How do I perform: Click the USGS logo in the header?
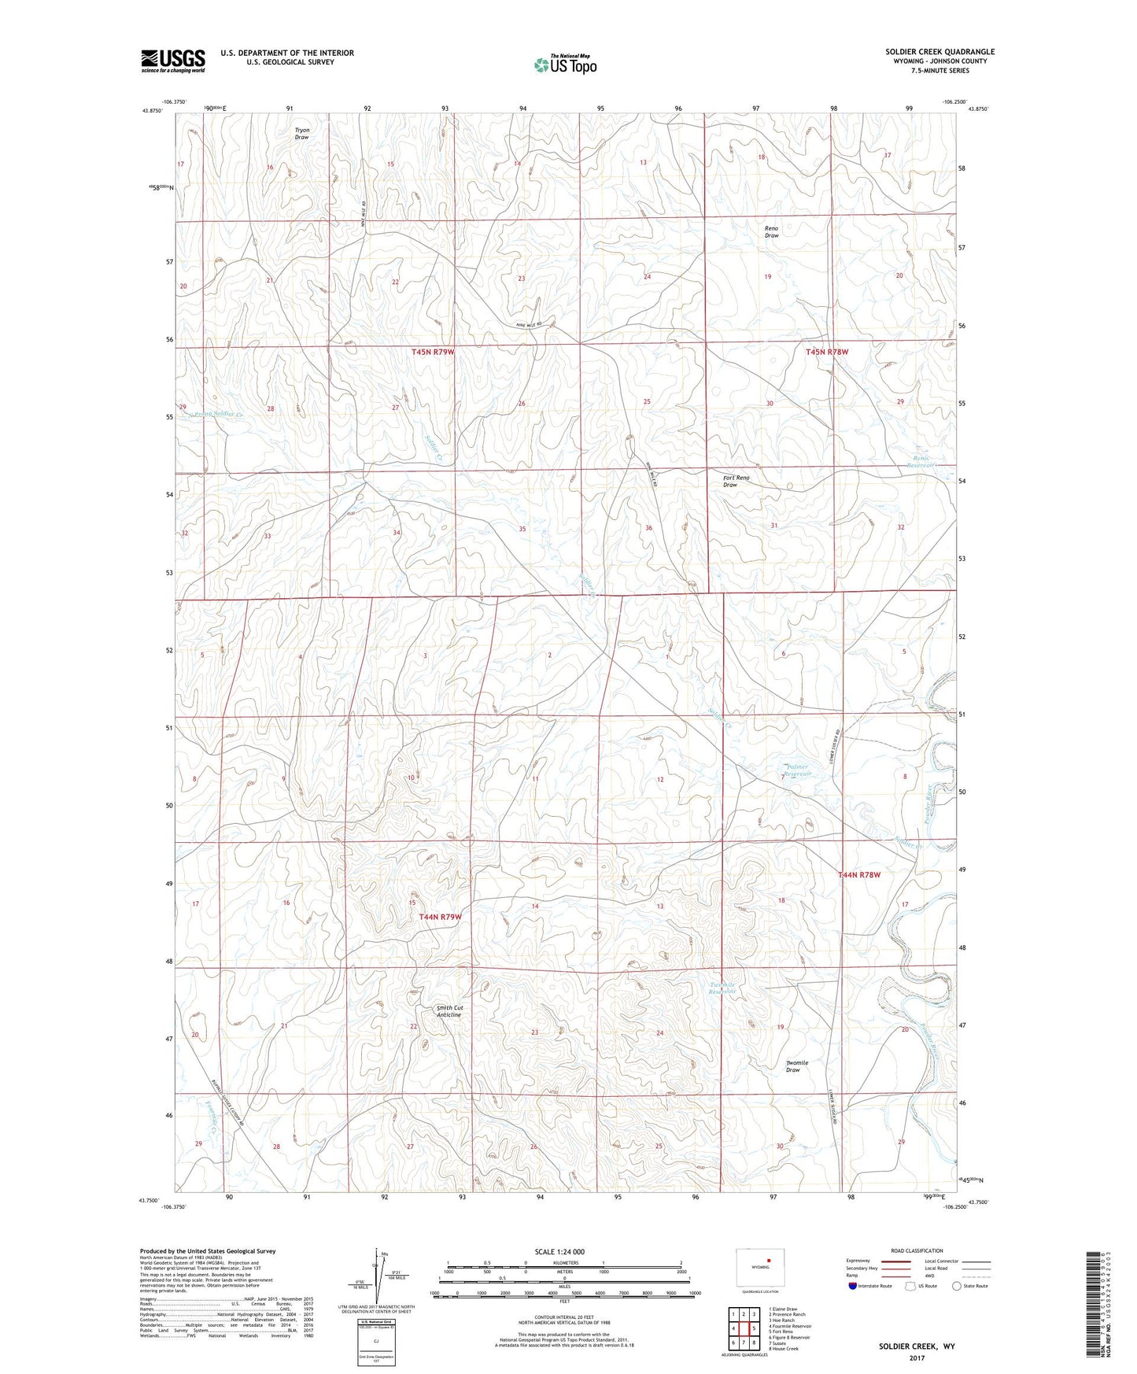172,61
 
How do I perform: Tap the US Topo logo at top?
564,65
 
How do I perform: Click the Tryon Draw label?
301,134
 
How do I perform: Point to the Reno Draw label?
771,232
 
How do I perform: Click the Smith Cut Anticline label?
449,1011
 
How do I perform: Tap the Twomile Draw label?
796,1066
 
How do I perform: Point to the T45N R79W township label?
433,352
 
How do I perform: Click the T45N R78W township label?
827,352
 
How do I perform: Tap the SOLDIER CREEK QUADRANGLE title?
940,52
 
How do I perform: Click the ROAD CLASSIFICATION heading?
916,1250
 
